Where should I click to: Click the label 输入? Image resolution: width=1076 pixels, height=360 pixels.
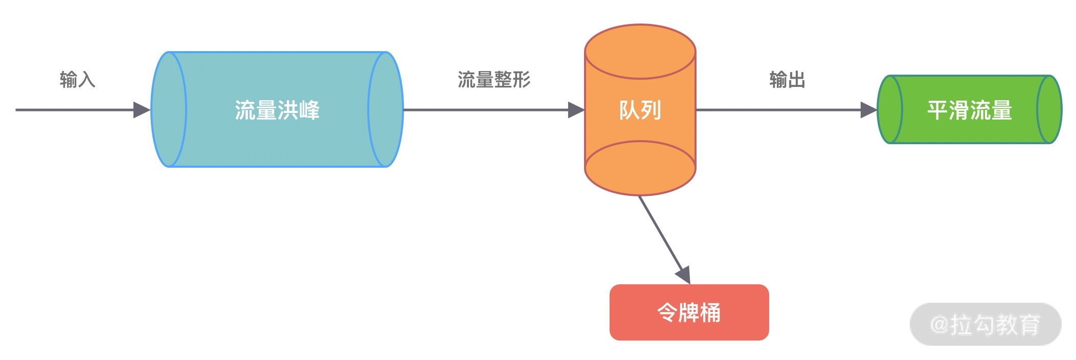(77, 80)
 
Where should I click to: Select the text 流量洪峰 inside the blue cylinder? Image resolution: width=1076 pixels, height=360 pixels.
(277, 110)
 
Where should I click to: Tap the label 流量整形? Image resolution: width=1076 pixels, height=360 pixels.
(494, 80)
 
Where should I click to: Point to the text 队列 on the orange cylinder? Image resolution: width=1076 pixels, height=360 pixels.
(640, 110)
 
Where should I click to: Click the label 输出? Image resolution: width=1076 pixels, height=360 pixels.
(787, 80)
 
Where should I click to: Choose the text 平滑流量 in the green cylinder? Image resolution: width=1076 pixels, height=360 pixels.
(970, 110)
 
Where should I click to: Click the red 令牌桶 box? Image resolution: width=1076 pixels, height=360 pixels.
(689, 312)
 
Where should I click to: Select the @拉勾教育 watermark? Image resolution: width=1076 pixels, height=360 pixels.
(985, 324)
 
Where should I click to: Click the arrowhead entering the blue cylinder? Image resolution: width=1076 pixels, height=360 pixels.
(142, 110)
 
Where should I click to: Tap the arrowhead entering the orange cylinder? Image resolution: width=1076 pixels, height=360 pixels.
(576, 110)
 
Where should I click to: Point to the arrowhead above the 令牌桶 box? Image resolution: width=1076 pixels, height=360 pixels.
(684, 275)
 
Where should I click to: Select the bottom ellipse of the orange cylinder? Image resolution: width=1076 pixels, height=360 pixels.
(640, 168)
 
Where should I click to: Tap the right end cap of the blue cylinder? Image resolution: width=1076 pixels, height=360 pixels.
(386, 109)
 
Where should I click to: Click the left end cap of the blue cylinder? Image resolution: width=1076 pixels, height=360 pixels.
(169, 109)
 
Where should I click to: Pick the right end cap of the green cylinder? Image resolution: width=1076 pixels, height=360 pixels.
(1049, 109)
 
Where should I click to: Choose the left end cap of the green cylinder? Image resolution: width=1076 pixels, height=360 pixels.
(890, 109)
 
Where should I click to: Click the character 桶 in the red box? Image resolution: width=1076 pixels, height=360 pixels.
(710, 312)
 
